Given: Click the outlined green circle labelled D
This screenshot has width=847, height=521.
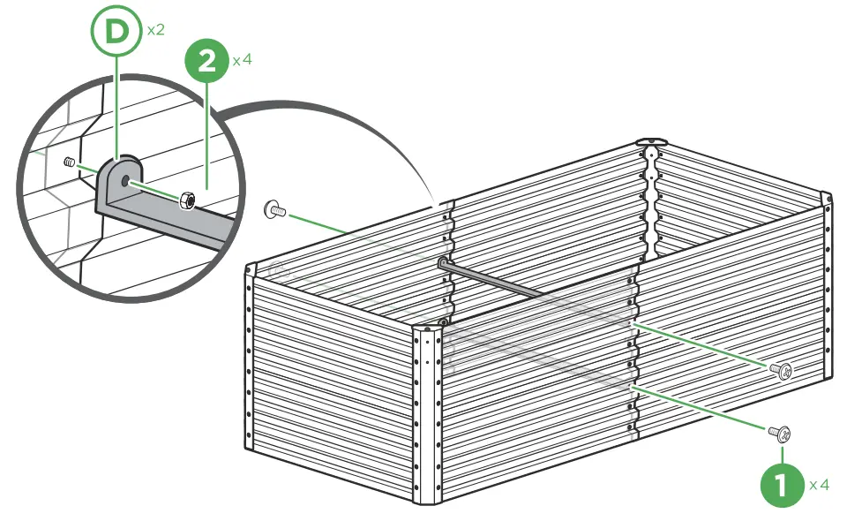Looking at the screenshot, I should tap(117, 32).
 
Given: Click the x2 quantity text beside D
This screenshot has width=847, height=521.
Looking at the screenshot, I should tap(156, 30).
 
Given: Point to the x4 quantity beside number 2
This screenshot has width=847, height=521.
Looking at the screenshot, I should tap(243, 62).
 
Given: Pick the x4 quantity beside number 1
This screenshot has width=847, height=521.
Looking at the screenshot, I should tap(820, 485).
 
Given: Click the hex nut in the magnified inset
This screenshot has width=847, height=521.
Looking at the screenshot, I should tap(187, 201).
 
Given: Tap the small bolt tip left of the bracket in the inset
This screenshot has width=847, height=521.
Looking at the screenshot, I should tap(68, 162).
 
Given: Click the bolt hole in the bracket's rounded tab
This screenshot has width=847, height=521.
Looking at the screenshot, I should tap(129, 180).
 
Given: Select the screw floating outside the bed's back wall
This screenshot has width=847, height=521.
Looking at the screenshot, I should tap(275, 210).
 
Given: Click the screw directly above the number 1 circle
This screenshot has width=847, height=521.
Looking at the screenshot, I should tap(779, 433).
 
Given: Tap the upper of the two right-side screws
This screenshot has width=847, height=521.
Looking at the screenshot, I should tap(781, 368).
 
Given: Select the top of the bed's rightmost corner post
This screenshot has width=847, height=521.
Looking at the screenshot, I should tap(827, 197).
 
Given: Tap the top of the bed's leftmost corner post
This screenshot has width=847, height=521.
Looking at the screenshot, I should tap(250, 268).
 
